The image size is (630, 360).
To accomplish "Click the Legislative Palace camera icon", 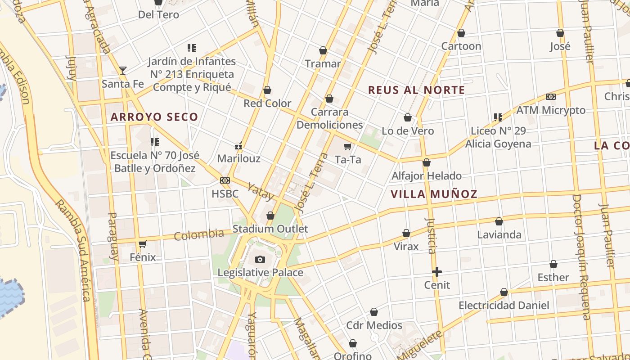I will coord(260,259).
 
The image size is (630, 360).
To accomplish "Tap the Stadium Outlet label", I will coord(270,229).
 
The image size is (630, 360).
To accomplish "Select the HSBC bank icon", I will coord(225,180).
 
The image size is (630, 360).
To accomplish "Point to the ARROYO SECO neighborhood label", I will coord(154,117).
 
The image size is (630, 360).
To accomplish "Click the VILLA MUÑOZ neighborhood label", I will coord(434,194).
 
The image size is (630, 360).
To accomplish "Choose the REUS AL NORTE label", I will coord(416,90).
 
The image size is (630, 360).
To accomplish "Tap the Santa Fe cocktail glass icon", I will coord(122,71).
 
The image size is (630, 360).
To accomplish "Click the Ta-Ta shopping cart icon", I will coord(347,146).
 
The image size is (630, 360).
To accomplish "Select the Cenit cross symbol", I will coord(436,272).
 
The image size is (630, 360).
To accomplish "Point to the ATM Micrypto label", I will coord(551,110).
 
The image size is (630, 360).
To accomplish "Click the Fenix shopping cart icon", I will coord(143,244).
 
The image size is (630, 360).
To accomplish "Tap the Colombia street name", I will coord(199,234).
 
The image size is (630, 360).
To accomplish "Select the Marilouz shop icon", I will coord(239,146).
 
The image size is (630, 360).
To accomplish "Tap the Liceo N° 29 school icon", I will coord(498,117).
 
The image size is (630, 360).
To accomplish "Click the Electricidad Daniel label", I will coord(504,306).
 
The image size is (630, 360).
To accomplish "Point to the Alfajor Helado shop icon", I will coord(427,163).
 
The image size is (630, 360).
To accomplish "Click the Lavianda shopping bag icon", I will coord(499,221).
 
